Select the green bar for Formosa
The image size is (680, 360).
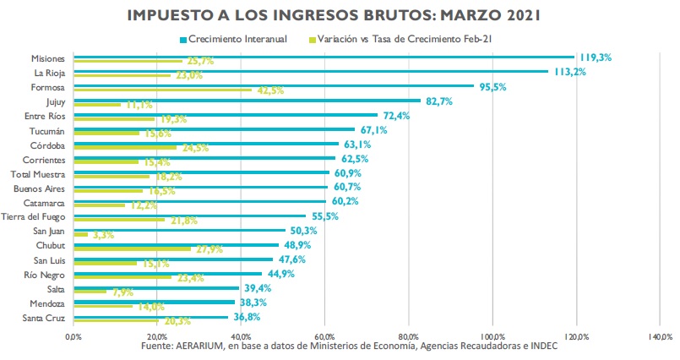tap(160, 90)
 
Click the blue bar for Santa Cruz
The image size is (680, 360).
tap(150, 316)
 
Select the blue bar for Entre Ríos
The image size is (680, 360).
tap(225, 114)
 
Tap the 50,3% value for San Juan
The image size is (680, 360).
tap(305, 230)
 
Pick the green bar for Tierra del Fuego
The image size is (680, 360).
tap(118, 220)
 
